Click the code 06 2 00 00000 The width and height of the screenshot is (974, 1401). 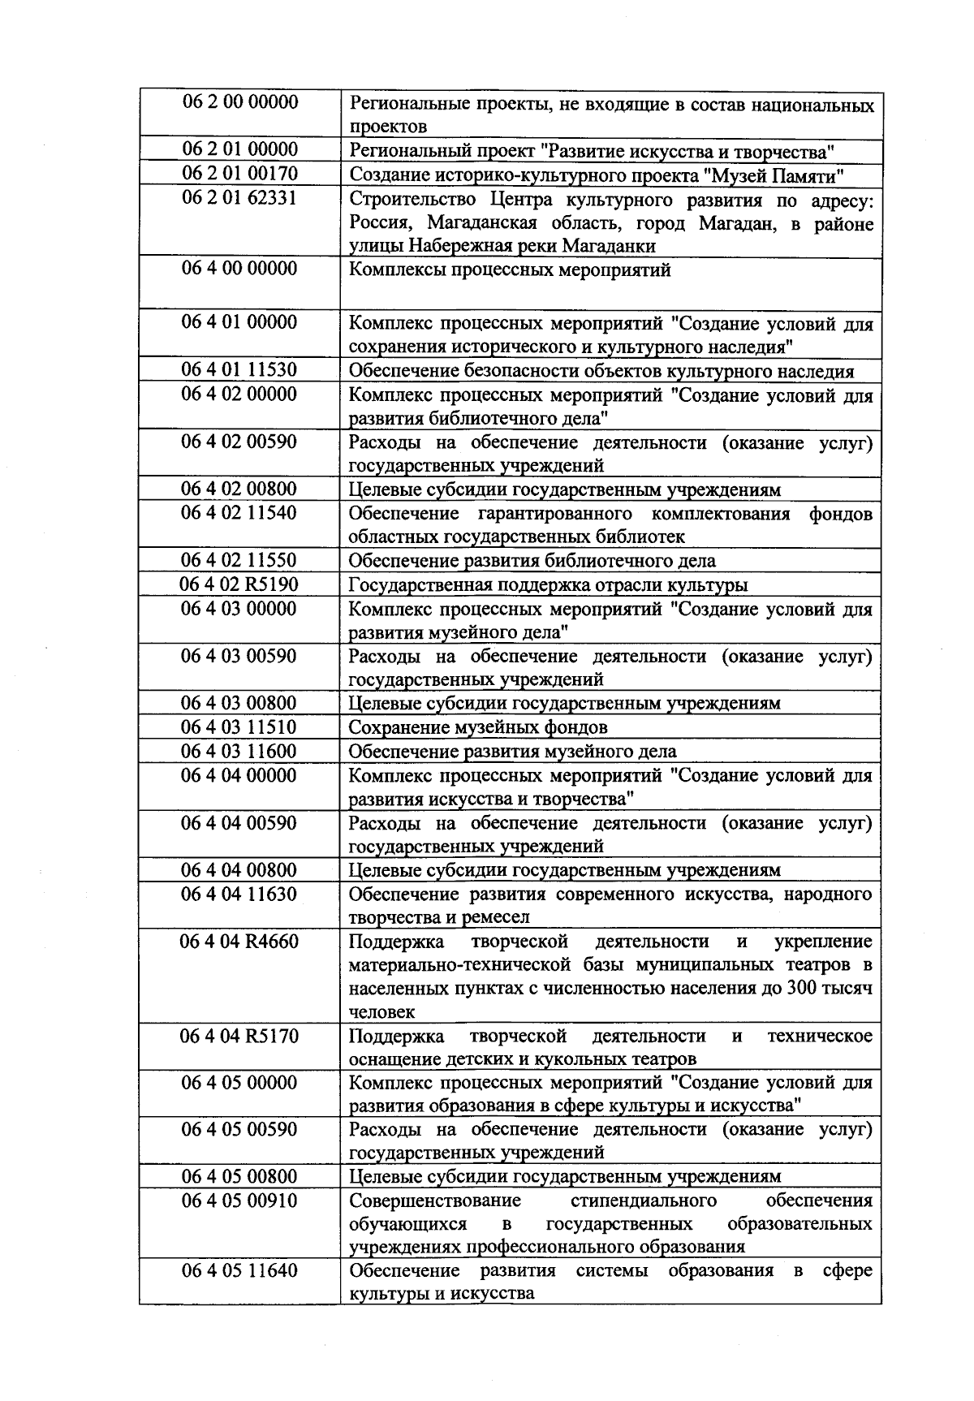239,102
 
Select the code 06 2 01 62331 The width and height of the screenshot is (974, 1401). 239,198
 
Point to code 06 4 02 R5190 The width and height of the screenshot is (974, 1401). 239,584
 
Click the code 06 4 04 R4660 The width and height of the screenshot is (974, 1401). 239,942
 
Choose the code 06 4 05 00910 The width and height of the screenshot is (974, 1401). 239,1201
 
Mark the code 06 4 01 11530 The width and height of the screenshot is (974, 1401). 239,370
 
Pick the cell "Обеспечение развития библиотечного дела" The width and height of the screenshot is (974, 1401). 532,561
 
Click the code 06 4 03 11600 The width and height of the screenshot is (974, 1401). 239,751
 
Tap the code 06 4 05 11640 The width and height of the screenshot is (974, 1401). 239,1270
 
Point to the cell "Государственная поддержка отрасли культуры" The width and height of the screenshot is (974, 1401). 549,585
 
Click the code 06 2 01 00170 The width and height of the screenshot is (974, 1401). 239,174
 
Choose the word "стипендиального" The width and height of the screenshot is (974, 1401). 644,1201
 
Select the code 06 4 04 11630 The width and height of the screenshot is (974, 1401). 239,894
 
